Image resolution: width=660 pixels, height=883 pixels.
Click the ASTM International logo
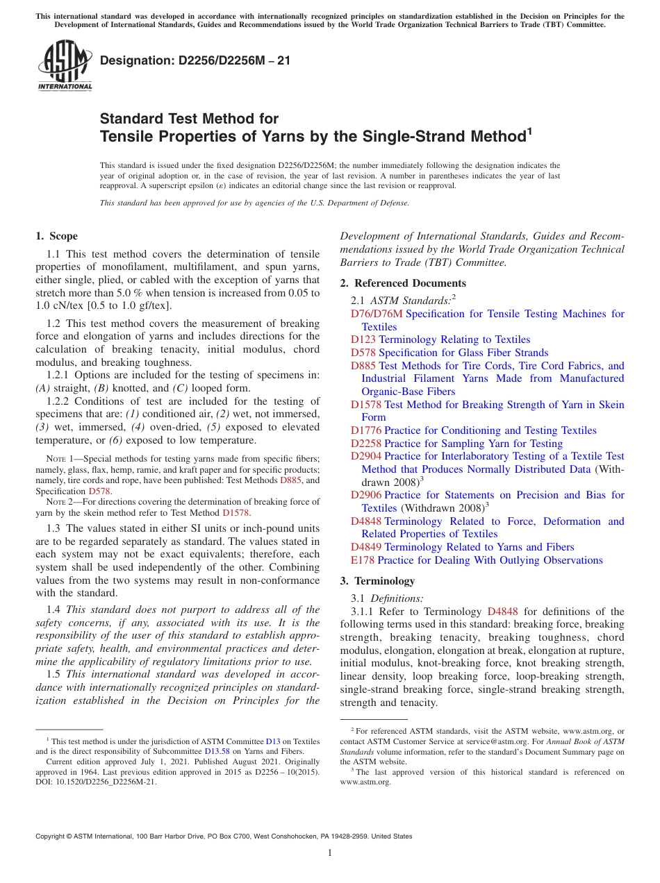pyautogui.click(x=64, y=65)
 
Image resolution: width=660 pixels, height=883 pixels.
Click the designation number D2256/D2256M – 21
pyautogui.click(x=195, y=61)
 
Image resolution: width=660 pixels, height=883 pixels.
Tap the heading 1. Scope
pyautogui.click(x=56, y=236)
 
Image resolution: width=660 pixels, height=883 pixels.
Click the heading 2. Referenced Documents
pyautogui.click(x=403, y=283)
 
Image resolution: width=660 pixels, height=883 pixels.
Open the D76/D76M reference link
pyautogui.click(x=377, y=314)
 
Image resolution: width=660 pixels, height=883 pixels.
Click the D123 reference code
pyautogui.click(x=363, y=339)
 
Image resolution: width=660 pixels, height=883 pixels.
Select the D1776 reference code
pyautogui.click(x=366, y=430)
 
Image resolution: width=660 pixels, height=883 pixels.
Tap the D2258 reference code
pyautogui.click(x=366, y=444)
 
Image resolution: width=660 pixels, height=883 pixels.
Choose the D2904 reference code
pyautogui.click(x=366, y=456)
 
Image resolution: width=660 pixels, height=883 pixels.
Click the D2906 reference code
pyautogui.click(x=366, y=495)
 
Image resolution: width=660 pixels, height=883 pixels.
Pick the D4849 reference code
pyautogui.click(x=366, y=547)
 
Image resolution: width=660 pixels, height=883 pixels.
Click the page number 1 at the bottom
pyautogui.click(x=330, y=853)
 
